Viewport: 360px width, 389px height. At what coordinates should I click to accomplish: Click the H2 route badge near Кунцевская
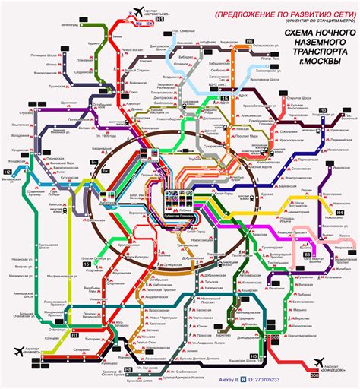8,173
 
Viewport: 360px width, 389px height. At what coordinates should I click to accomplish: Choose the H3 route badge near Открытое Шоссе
322,111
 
